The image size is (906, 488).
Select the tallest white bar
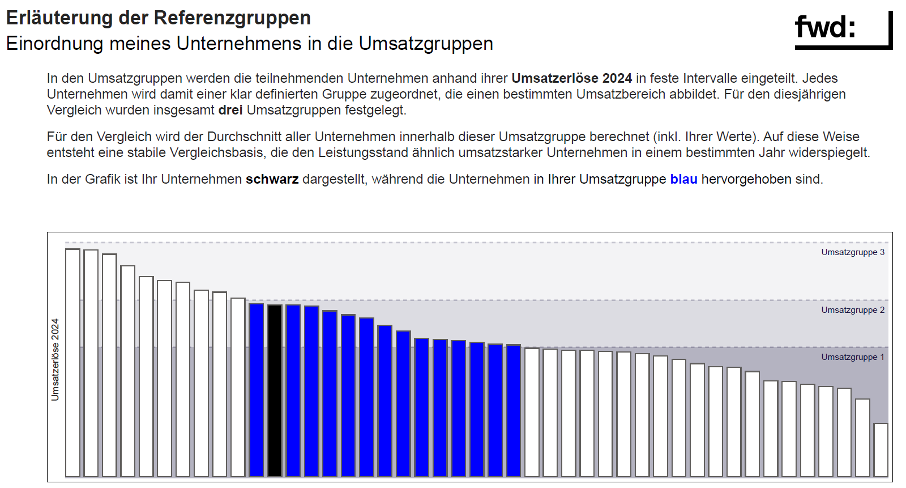(72, 363)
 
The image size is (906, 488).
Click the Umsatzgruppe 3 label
(853, 252)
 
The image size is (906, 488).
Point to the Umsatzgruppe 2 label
(853, 310)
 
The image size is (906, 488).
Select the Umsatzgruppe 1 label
(853, 357)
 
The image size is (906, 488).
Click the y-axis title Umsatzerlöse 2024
(55, 359)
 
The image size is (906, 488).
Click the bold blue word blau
(683, 179)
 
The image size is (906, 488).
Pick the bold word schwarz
(272, 179)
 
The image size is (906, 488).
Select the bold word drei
(230, 110)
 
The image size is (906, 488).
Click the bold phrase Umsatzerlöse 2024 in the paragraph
(571, 78)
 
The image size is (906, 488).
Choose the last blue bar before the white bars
(514, 410)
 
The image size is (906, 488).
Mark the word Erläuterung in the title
(59, 18)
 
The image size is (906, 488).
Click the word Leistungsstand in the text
(363, 152)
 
